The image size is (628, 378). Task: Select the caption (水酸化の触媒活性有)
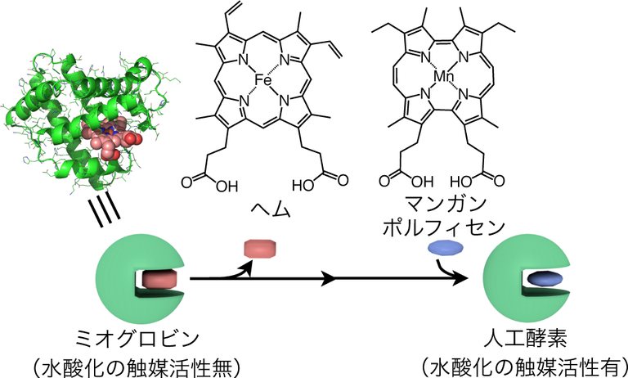524,363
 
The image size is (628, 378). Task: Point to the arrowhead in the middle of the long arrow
327,280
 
